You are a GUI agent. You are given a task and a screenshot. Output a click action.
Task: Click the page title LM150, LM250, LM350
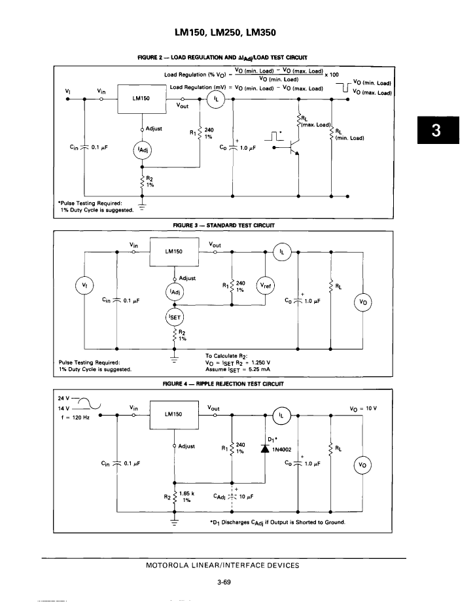pyautogui.click(x=225, y=32)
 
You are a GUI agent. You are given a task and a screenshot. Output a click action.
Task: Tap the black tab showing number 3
pyautogui.click(x=438, y=130)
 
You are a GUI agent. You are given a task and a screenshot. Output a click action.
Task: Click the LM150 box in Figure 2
pyautogui.click(x=142, y=99)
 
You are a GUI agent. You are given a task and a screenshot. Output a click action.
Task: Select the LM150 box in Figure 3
pyautogui.click(x=174, y=252)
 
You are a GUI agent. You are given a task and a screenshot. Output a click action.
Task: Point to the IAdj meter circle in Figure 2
pyautogui.click(x=142, y=150)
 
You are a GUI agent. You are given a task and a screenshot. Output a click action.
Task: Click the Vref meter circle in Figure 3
pyautogui.click(x=266, y=286)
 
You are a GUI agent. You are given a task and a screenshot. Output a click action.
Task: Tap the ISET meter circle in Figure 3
pyautogui.click(x=174, y=317)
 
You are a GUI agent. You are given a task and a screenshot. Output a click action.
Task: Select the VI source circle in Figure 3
pyautogui.click(x=84, y=286)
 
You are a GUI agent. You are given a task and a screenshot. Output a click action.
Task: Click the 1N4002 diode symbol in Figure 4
pyautogui.click(x=265, y=449)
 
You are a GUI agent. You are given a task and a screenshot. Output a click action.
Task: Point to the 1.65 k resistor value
pyautogui.click(x=186, y=493)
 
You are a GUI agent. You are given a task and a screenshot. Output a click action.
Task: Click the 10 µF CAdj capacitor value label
pyautogui.click(x=246, y=497)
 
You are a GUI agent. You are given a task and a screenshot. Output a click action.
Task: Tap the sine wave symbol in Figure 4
pyautogui.click(x=90, y=403)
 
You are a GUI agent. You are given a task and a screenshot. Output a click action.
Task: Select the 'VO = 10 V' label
pyautogui.click(x=363, y=408)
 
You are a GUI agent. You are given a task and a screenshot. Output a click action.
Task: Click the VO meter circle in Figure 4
pyautogui.click(x=362, y=465)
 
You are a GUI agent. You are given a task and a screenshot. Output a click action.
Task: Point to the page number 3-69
pyautogui.click(x=224, y=582)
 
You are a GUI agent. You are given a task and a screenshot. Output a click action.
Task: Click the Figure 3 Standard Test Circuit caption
pyautogui.click(x=224, y=225)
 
